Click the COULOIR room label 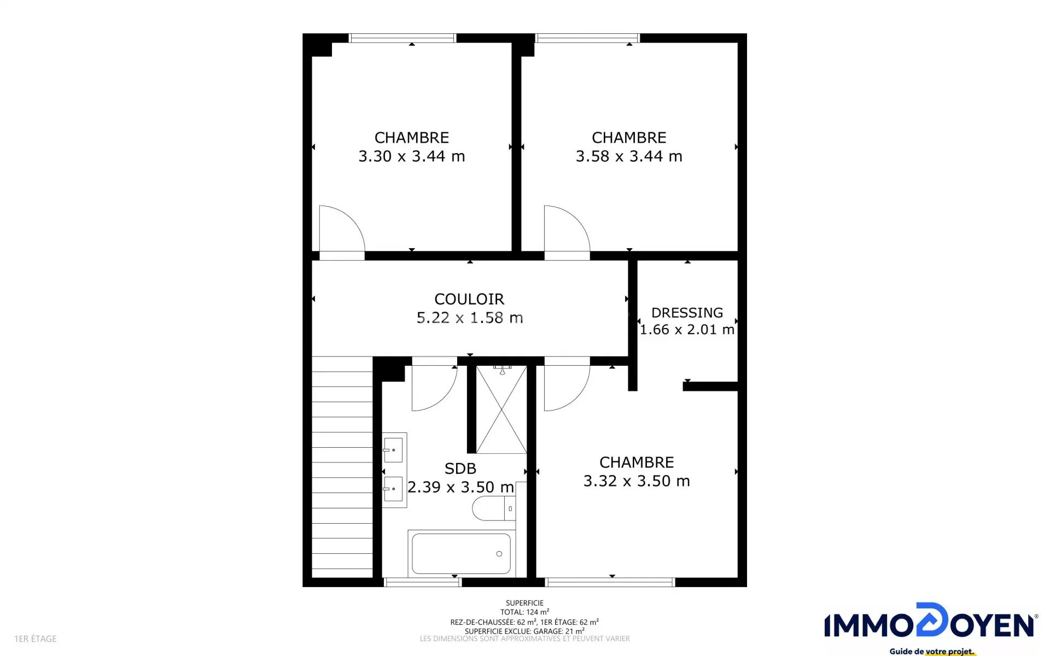point(469,299)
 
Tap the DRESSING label point(687,313)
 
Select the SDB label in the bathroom point(460,468)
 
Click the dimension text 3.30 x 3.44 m point(412,156)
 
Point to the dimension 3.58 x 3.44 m point(629,156)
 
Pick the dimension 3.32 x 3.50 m point(637,481)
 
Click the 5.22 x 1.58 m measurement point(470,318)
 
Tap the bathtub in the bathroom point(462,553)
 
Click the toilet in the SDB point(493,508)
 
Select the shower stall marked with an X point(501,409)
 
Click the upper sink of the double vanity point(393,450)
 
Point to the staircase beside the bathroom point(342,467)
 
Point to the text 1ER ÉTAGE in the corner point(36,639)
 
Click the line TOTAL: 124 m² point(524,612)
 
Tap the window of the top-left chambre point(402,38)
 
